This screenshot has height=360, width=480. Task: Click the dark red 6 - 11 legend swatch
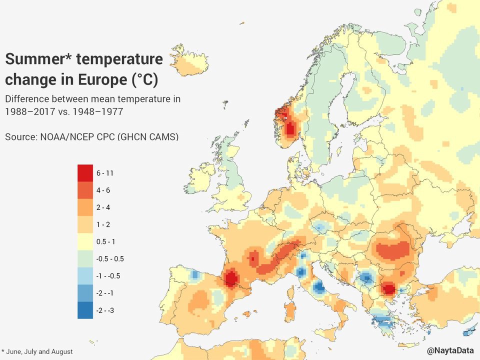click(85, 173)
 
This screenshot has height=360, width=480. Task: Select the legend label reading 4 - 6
click(103, 190)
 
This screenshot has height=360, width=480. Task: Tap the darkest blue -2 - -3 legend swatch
click(85, 310)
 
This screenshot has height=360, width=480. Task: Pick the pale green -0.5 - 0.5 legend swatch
click(85, 258)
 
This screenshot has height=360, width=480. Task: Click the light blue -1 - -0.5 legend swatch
click(85, 276)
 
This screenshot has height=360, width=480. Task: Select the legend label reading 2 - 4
click(103, 207)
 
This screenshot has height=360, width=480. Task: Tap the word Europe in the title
click(102, 79)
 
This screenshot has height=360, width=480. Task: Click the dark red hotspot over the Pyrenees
click(231, 278)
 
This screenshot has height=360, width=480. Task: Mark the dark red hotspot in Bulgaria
click(388, 288)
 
